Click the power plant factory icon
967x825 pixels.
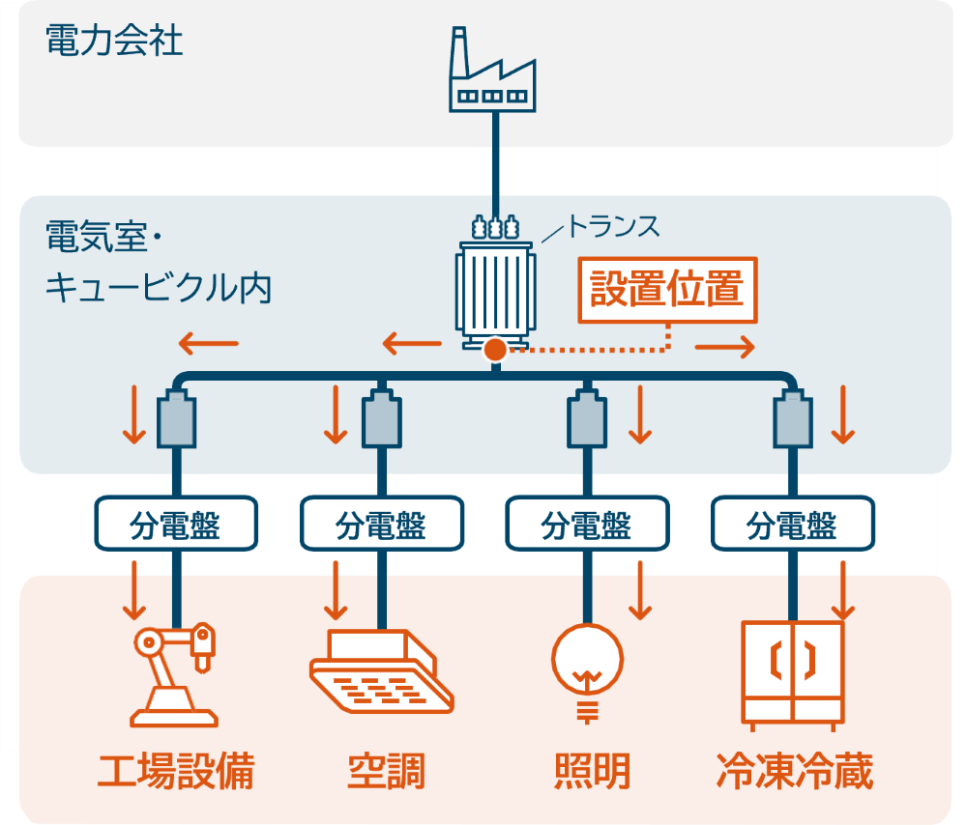pyautogui.click(x=493, y=71)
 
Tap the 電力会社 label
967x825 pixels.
pyautogui.click(x=114, y=41)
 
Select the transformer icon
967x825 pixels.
pyautogui.click(x=495, y=286)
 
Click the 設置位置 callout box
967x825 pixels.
pyautogui.click(x=667, y=289)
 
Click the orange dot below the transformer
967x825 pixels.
pyautogui.click(x=495, y=350)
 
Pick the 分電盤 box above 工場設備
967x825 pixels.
pyautogui.click(x=175, y=525)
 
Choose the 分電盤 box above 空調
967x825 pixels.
pyautogui.click(x=381, y=525)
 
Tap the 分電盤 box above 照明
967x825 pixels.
pyautogui.click(x=586, y=525)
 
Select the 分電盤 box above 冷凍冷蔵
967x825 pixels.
pyautogui.click(x=792, y=525)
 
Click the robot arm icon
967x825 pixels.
pyautogui.click(x=174, y=674)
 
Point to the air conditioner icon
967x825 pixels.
pyautogui.click(x=382, y=671)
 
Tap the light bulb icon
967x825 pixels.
pyautogui.click(x=587, y=667)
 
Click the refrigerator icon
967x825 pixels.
pyautogui.click(x=792, y=671)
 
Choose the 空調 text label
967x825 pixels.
pyautogui.click(x=386, y=772)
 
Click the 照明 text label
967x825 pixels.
pyautogui.click(x=592, y=772)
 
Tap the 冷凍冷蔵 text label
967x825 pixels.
pyautogui.click(x=794, y=772)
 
